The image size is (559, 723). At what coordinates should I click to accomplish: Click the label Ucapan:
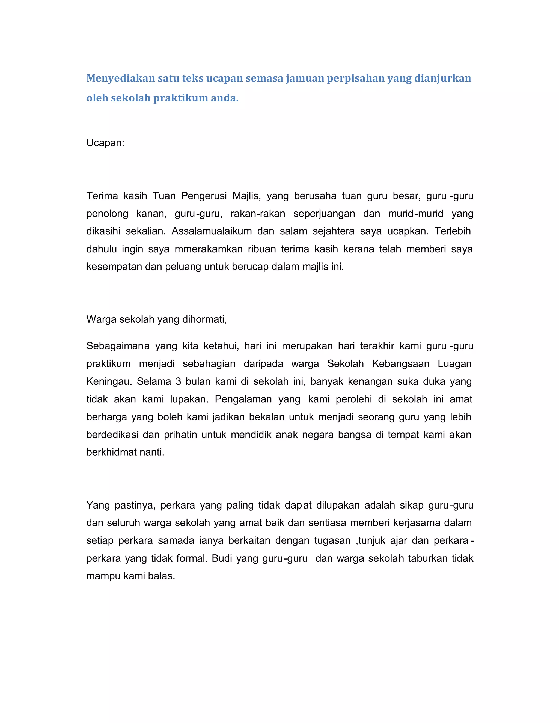pyautogui.click(x=105, y=143)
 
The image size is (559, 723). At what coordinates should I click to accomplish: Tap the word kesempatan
pyautogui.click(x=114, y=267)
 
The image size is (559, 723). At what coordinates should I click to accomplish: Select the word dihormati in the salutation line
pyautogui.click(x=203, y=319)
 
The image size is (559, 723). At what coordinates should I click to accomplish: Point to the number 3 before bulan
pyautogui.click(x=178, y=381)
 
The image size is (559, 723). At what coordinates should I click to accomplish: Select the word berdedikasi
pyautogui.click(x=112, y=435)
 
